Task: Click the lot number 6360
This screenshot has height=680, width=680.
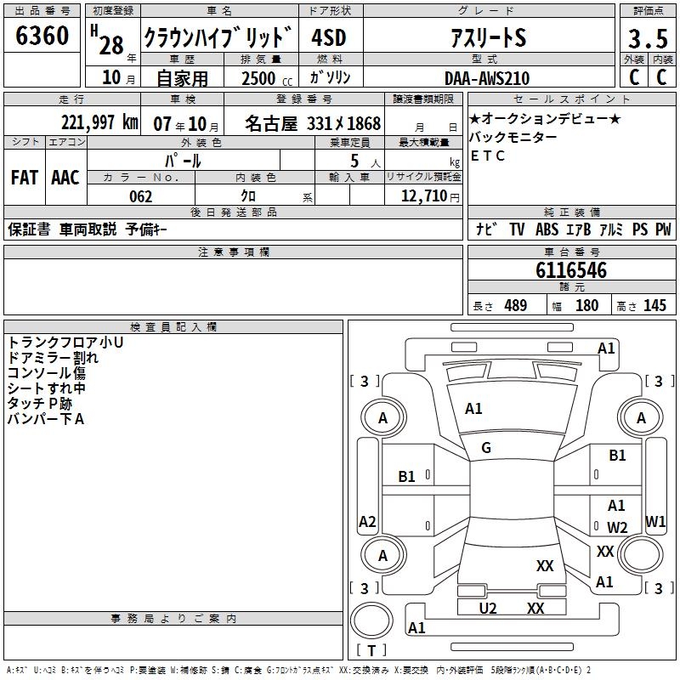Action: pos(42,36)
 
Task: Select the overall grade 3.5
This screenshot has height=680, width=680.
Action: pos(648,38)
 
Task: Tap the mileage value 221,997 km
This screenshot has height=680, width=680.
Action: pos(99,122)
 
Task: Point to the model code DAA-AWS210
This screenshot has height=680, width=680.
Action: pos(487,78)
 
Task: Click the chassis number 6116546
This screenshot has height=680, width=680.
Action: pos(571,270)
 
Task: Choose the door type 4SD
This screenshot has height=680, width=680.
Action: pos(329,37)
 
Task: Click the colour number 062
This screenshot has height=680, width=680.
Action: pos(141,196)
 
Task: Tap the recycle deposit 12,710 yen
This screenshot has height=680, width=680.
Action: pos(430,196)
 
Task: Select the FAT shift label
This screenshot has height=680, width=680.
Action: pos(25,178)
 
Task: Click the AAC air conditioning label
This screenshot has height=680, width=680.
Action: pos(65,178)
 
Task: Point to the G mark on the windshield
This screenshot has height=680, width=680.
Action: pos(486,448)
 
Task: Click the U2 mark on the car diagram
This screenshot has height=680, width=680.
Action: pos(488,609)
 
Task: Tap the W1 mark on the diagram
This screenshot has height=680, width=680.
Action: pos(655,522)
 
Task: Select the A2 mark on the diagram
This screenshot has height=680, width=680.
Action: pos(367,522)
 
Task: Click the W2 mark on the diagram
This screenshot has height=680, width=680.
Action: pos(617,527)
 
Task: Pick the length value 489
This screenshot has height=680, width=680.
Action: pos(516,306)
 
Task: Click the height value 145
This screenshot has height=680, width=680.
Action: pos(654,306)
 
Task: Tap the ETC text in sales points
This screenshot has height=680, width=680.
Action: pos(487,156)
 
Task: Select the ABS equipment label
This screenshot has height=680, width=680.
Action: pos(547,229)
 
